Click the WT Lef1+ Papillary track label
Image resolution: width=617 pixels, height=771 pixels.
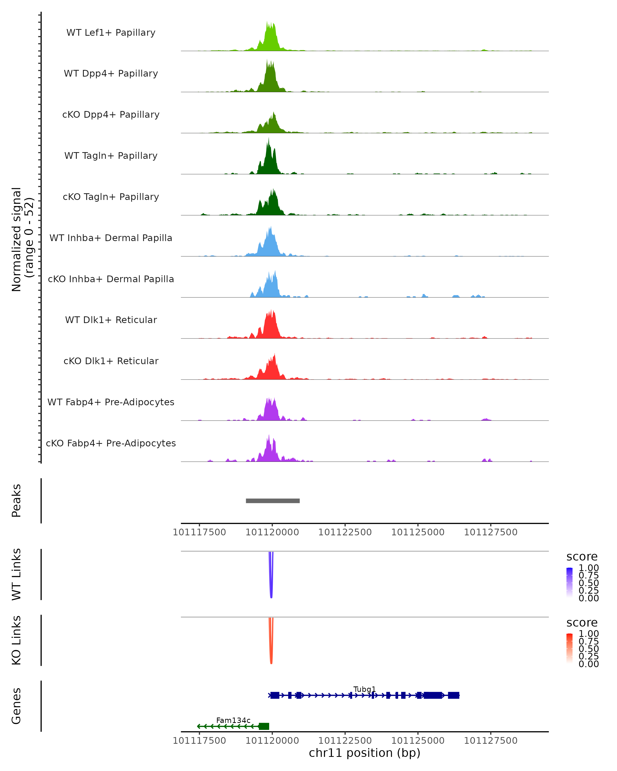coord(111,33)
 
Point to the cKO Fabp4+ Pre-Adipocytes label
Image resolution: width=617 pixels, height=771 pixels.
coord(111,443)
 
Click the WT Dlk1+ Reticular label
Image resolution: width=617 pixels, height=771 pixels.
coord(111,320)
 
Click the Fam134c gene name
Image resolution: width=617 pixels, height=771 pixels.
coord(233,720)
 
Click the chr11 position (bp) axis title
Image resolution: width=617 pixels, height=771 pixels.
coord(365,753)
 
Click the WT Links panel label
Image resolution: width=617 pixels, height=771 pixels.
coord(16,574)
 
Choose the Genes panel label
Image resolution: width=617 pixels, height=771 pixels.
coord(16,706)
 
